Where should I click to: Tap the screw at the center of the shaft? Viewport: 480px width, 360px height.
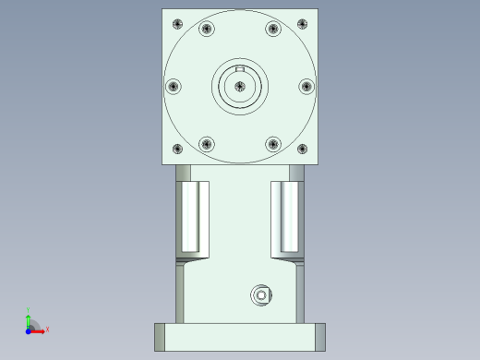tap(240, 86)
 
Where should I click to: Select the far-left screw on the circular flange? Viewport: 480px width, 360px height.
tap(173, 86)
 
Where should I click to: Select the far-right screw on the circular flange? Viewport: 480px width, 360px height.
tap(307, 86)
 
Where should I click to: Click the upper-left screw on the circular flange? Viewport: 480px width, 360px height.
tap(207, 29)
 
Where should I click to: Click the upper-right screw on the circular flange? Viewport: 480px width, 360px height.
tap(273, 29)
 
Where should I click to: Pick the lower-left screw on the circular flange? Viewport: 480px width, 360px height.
tap(207, 143)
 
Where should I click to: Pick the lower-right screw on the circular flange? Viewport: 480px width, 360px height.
tap(273, 143)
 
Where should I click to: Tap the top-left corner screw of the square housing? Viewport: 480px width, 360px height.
tap(177, 23)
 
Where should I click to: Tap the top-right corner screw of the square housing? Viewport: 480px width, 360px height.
tap(303, 23)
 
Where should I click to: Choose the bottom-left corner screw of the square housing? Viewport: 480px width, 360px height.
tap(177, 149)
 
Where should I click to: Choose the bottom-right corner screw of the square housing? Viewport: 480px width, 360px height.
tap(303, 149)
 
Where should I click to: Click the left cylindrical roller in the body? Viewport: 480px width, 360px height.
tap(190, 218)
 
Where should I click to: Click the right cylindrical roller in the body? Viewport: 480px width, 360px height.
tap(290, 218)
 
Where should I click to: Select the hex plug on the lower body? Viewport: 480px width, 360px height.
tap(262, 295)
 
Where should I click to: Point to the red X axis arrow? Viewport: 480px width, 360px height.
tap(42, 329)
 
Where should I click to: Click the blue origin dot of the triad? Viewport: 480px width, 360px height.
tap(29, 329)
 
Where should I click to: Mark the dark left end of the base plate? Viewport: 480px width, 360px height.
tap(159, 337)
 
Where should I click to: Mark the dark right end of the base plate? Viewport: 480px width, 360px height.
tap(321, 337)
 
